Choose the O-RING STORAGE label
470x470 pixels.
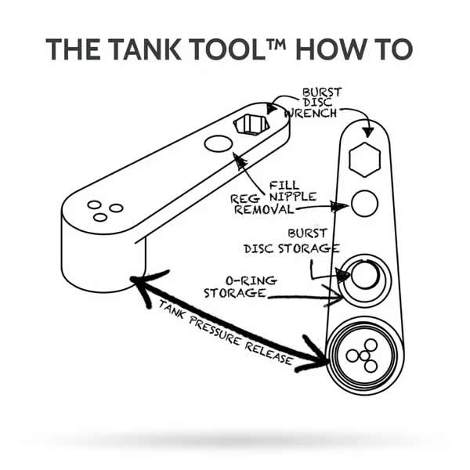[234, 287]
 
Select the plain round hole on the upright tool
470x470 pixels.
[364, 204]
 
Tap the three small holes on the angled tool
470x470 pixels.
[104, 210]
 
